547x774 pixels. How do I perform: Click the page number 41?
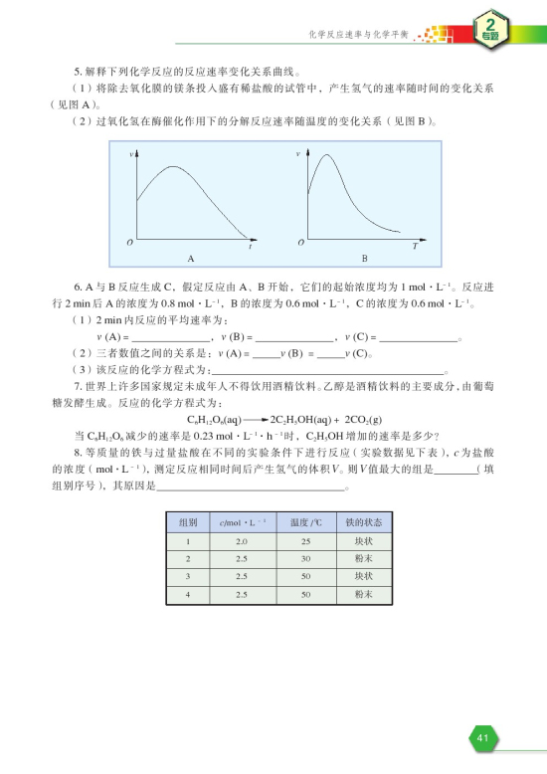[x=481, y=737]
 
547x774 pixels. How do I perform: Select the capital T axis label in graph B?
[x=415, y=244]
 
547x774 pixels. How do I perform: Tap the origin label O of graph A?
[x=128, y=243]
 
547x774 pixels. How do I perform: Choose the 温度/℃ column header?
[x=301, y=521]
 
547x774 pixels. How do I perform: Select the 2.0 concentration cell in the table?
[x=242, y=540]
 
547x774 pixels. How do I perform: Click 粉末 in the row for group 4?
[x=363, y=594]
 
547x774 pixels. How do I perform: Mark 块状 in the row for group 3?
[x=363, y=576]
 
